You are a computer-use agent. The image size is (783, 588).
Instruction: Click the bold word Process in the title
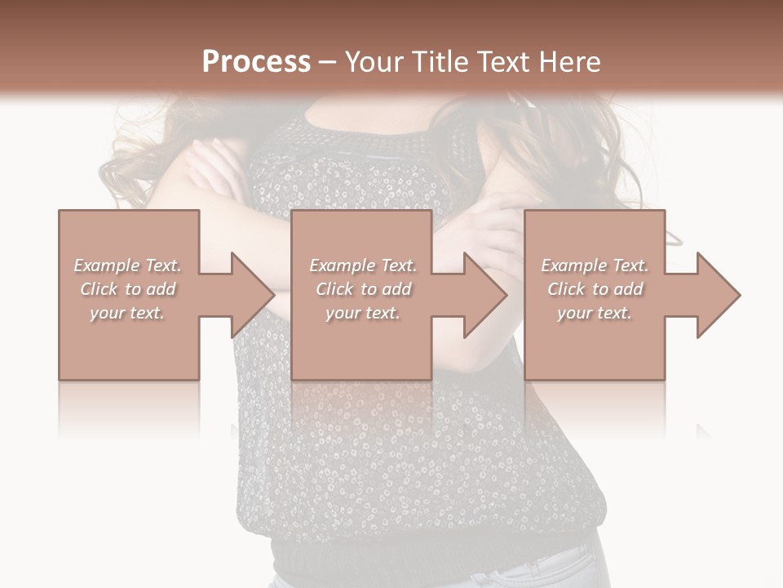pyautogui.click(x=256, y=62)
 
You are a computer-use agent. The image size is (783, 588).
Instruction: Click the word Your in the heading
pyautogui.click(x=376, y=62)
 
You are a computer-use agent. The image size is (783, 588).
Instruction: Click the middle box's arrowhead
pyautogui.click(x=484, y=295)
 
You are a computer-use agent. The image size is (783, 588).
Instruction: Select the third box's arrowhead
pyautogui.click(x=718, y=295)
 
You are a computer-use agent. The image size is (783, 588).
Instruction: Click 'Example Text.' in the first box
pyautogui.click(x=127, y=265)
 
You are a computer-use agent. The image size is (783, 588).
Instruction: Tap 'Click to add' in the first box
pyautogui.click(x=127, y=289)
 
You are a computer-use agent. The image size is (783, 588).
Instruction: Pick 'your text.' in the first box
pyautogui.click(x=127, y=313)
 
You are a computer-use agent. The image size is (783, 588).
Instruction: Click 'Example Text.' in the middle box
pyautogui.click(x=363, y=265)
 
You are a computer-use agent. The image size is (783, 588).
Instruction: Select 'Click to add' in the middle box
pyautogui.click(x=363, y=289)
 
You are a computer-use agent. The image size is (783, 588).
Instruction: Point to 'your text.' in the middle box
pyautogui.click(x=363, y=313)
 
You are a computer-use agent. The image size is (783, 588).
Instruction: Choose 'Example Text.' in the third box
pyautogui.click(x=595, y=265)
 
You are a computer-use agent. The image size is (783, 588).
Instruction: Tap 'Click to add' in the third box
pyautogui.click(x=595, y=289)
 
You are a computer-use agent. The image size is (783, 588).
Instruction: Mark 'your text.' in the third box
pyautogui.click(x=595, y=313)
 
